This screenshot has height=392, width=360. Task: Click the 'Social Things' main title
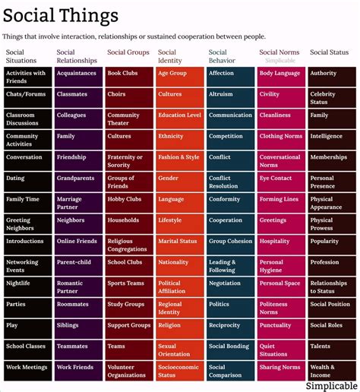click(61, 16)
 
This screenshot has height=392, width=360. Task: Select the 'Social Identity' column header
click(170, 56)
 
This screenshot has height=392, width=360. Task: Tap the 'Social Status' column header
click(329, 52)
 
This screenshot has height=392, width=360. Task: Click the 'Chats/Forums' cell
click(28, 98)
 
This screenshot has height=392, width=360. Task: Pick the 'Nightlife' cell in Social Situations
click(28, 287)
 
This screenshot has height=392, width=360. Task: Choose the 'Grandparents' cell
click(78, 182)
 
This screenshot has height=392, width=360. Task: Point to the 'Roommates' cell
click(78, 308)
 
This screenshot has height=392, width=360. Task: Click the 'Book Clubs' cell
click(129, 77)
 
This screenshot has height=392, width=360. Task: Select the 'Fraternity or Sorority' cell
click(129, 161)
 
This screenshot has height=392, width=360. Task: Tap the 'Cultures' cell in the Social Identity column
click(180, 98)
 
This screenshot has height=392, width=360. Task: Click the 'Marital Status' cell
click(180, 245)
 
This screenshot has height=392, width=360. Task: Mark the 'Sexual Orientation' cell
click(180, 350)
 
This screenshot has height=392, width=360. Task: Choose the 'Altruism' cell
click(231, 98)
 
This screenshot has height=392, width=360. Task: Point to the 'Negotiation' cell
click(231, 287)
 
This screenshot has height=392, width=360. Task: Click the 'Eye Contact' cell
click(281, 182)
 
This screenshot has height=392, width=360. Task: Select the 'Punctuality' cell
click(281, 329)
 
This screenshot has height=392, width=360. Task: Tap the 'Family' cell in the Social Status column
click(332, 119)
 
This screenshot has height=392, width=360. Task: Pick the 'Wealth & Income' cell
click(332, 371)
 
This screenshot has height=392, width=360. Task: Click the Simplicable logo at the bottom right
click(332, 386)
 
